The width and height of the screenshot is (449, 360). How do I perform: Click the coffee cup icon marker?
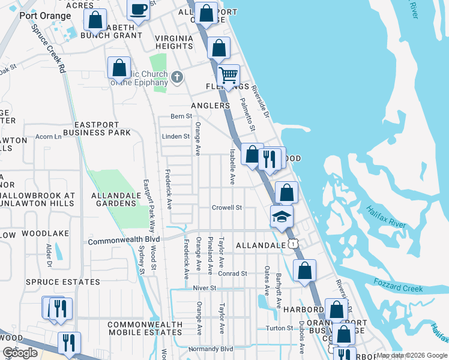click(139, 11)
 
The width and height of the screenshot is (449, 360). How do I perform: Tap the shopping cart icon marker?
click(228, 76)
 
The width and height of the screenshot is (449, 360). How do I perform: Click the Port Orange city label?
click(41, 16)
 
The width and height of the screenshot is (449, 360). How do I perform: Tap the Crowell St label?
click(226, 208)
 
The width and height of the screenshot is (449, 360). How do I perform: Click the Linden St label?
click(176, 136)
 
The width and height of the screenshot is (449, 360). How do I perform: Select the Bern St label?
click(181, 116)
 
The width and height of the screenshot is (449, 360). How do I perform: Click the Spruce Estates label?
click(63, 282)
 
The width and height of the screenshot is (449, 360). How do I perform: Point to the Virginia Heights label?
click(174, 42)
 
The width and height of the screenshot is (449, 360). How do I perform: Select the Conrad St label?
click(232, 274)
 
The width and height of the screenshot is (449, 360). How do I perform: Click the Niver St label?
click(204, 289)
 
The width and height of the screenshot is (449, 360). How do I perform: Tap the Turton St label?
click(279, 328)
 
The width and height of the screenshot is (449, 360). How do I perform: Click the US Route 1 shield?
click(292, 243)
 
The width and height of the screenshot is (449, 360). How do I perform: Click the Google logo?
click(20, 353)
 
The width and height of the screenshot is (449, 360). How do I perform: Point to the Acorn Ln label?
click(49, 137)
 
